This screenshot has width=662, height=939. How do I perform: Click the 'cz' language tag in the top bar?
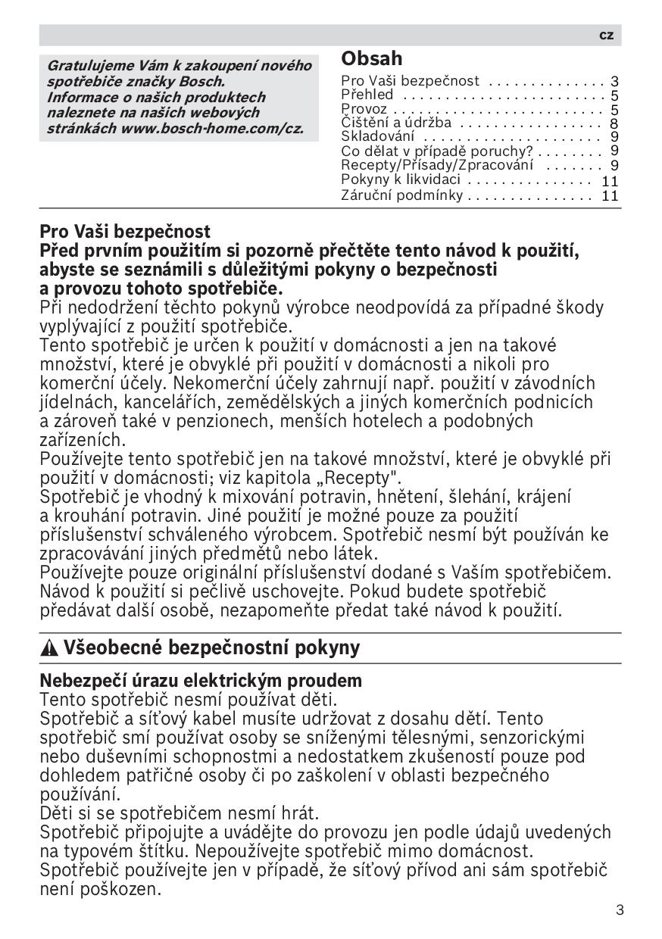click(x=606, y=36)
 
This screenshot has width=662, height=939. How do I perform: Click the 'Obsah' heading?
click(x=372, y=59)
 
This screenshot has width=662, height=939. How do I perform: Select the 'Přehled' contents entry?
click(x=367, y=95)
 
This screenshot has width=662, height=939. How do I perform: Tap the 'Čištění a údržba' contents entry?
click(x=396, y=123)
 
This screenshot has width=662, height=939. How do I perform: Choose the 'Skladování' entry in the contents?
click(x=378, y=136)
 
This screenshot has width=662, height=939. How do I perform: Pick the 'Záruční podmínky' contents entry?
click(x=401, y=195)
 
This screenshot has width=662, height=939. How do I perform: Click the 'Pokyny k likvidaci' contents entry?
click(x=401, y=179)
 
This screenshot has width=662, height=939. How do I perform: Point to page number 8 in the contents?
click(x=614, y=123)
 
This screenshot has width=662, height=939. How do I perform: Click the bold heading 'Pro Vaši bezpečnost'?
click(x=125, y=231)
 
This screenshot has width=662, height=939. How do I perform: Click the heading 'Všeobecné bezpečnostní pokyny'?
click(x=211, y=648)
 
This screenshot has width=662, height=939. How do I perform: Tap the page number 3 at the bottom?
click(x=620, y=909)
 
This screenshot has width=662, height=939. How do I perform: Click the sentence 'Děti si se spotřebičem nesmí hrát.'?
click(x=180, y=813)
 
